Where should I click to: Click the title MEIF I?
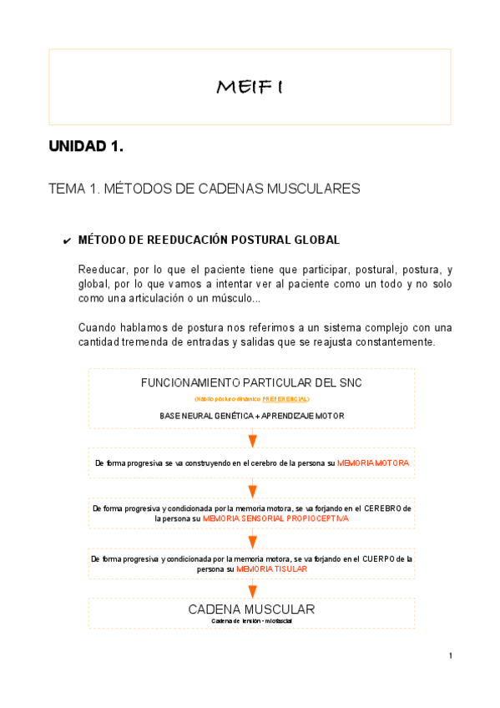click(250, 86)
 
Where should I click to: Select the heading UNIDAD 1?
click(86, 147)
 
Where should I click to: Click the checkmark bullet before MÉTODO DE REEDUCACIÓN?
click(66, 241)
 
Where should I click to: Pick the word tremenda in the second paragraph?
click(143, 341)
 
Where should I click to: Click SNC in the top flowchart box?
click(348, 383)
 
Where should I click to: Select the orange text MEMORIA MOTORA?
click(373, 462)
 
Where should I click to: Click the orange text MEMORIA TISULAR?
click(271, 569)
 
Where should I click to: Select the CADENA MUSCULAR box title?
click(251, 609)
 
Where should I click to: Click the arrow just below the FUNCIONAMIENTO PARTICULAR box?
click(252, 440)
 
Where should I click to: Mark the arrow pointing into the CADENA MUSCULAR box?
click(252, 590)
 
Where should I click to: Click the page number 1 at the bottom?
click(451, 655)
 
